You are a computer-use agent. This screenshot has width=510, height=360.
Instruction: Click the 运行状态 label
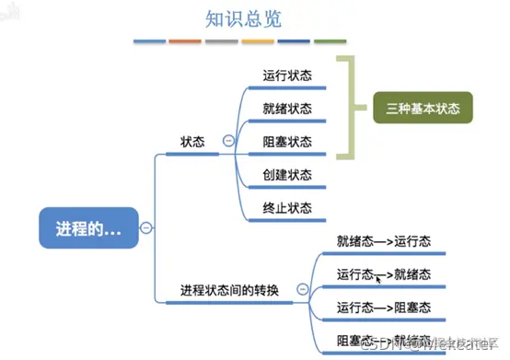click(x=286, y=75)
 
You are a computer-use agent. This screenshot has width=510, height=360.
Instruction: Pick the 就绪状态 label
click(x=286, y=109)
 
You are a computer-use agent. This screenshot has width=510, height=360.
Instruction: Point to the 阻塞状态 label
click(x=286, y=142)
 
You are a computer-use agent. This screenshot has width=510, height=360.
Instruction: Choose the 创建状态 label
click(x=286, y=174)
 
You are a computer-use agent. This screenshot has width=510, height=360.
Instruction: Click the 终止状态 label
click(x=286, y=207)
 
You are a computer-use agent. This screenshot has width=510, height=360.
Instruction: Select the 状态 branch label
click(x=192, y=142)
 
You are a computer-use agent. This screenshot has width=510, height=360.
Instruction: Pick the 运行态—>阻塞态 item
click(x=385, y=307)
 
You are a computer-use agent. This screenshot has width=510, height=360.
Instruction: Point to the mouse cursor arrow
click(x=379, y=276)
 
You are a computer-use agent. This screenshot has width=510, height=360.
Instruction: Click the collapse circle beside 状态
click(x=227, y=141)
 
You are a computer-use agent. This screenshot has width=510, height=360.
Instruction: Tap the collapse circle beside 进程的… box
click(x=145, y=228)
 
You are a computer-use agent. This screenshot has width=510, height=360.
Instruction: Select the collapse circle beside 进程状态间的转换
click(x=302, y=289)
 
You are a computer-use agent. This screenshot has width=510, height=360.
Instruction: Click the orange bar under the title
click(x=184, y=41)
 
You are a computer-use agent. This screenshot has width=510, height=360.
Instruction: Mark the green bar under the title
click(x=330, y=41)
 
